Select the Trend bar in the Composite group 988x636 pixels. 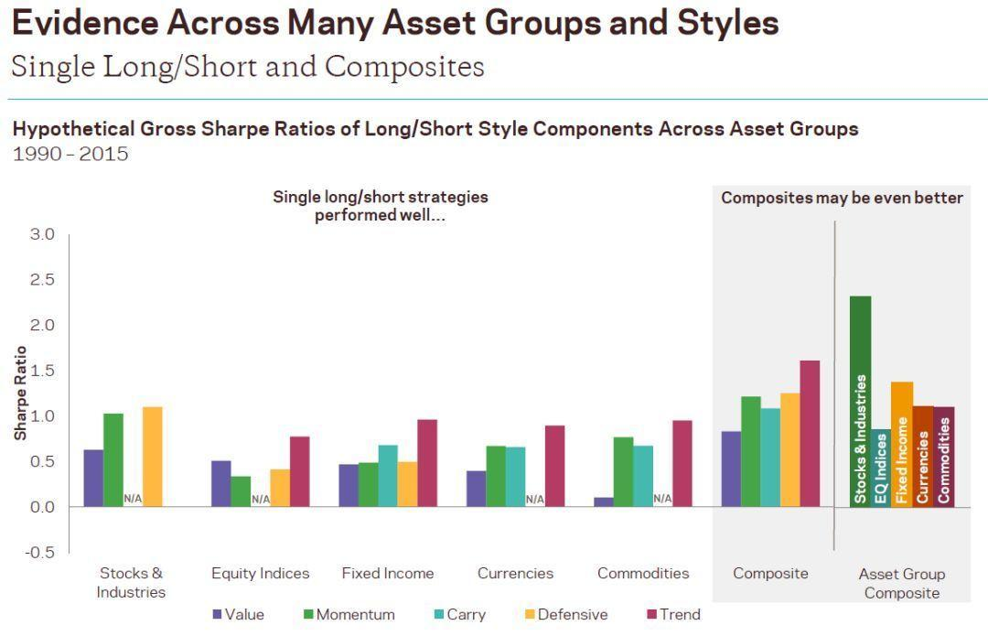[x=809, y=434]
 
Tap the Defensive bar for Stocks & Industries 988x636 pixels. [x=152, y=457]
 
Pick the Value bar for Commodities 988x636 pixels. [x=604, y=501]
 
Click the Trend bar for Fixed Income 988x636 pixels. [x=427, y=463]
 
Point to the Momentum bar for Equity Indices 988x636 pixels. [x=241, y=491]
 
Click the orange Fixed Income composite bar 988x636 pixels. [x=902, y=444]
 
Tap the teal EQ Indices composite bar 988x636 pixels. [x=881, y=468]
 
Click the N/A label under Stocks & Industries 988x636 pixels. [x=133, y=499]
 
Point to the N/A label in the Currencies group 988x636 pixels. [x=534, y=499]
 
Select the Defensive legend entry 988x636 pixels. [x=564, y=615]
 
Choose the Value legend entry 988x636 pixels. [x=238, y=615]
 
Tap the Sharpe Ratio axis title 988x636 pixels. [x=20, y=393]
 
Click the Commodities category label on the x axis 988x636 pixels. [x=643, y=574]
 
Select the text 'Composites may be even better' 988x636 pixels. [x=842, y=198]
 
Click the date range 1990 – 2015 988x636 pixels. [x=70, y=154]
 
